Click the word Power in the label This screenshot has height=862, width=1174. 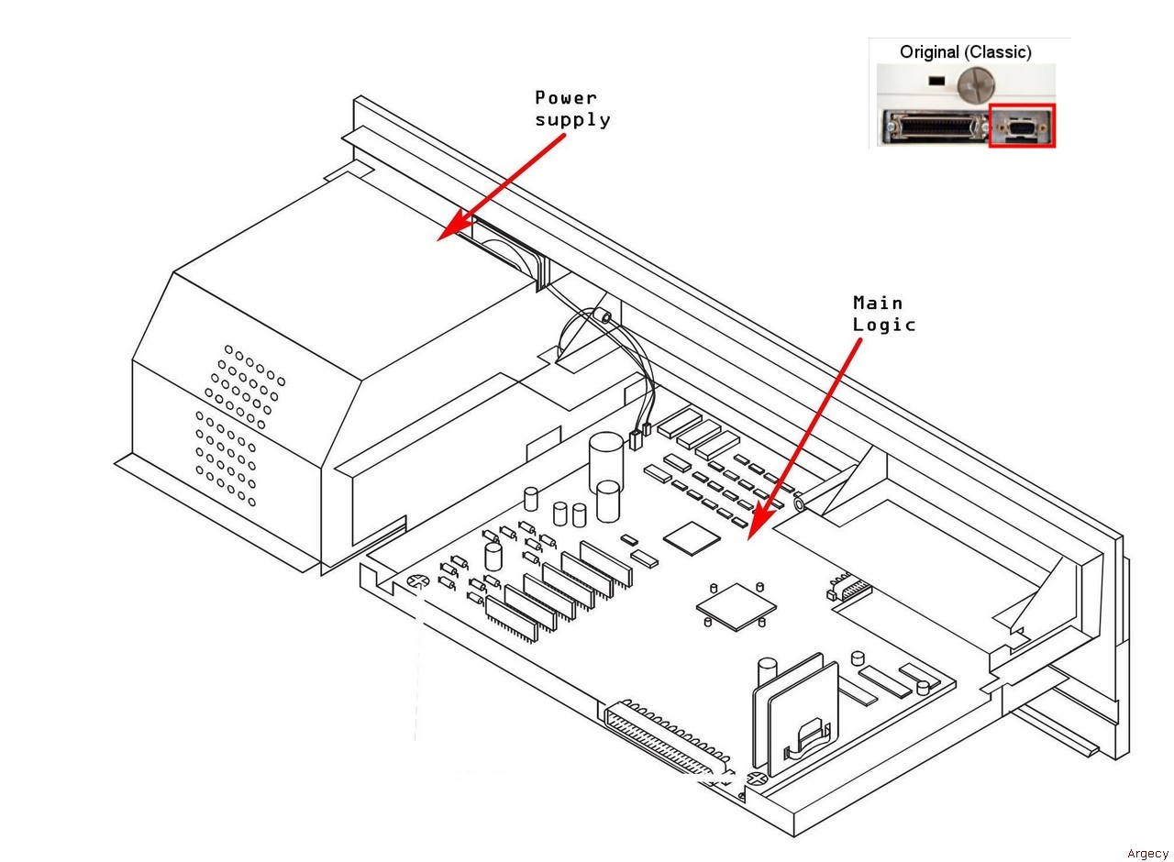click(566, 97)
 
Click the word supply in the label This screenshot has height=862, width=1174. click(572, 119)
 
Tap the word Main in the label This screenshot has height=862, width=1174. click(878, 303)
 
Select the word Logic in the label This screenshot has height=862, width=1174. click(884, 325)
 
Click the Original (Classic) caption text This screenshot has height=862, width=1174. click(965, 52)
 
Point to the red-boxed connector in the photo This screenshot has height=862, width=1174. click(1022, 126)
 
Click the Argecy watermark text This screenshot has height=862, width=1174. click(1147, 854)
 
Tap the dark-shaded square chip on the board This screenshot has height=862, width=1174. click(692, 538)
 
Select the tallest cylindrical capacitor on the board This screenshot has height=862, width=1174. click(605, 455)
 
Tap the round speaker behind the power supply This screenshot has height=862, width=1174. click(502, 258)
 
